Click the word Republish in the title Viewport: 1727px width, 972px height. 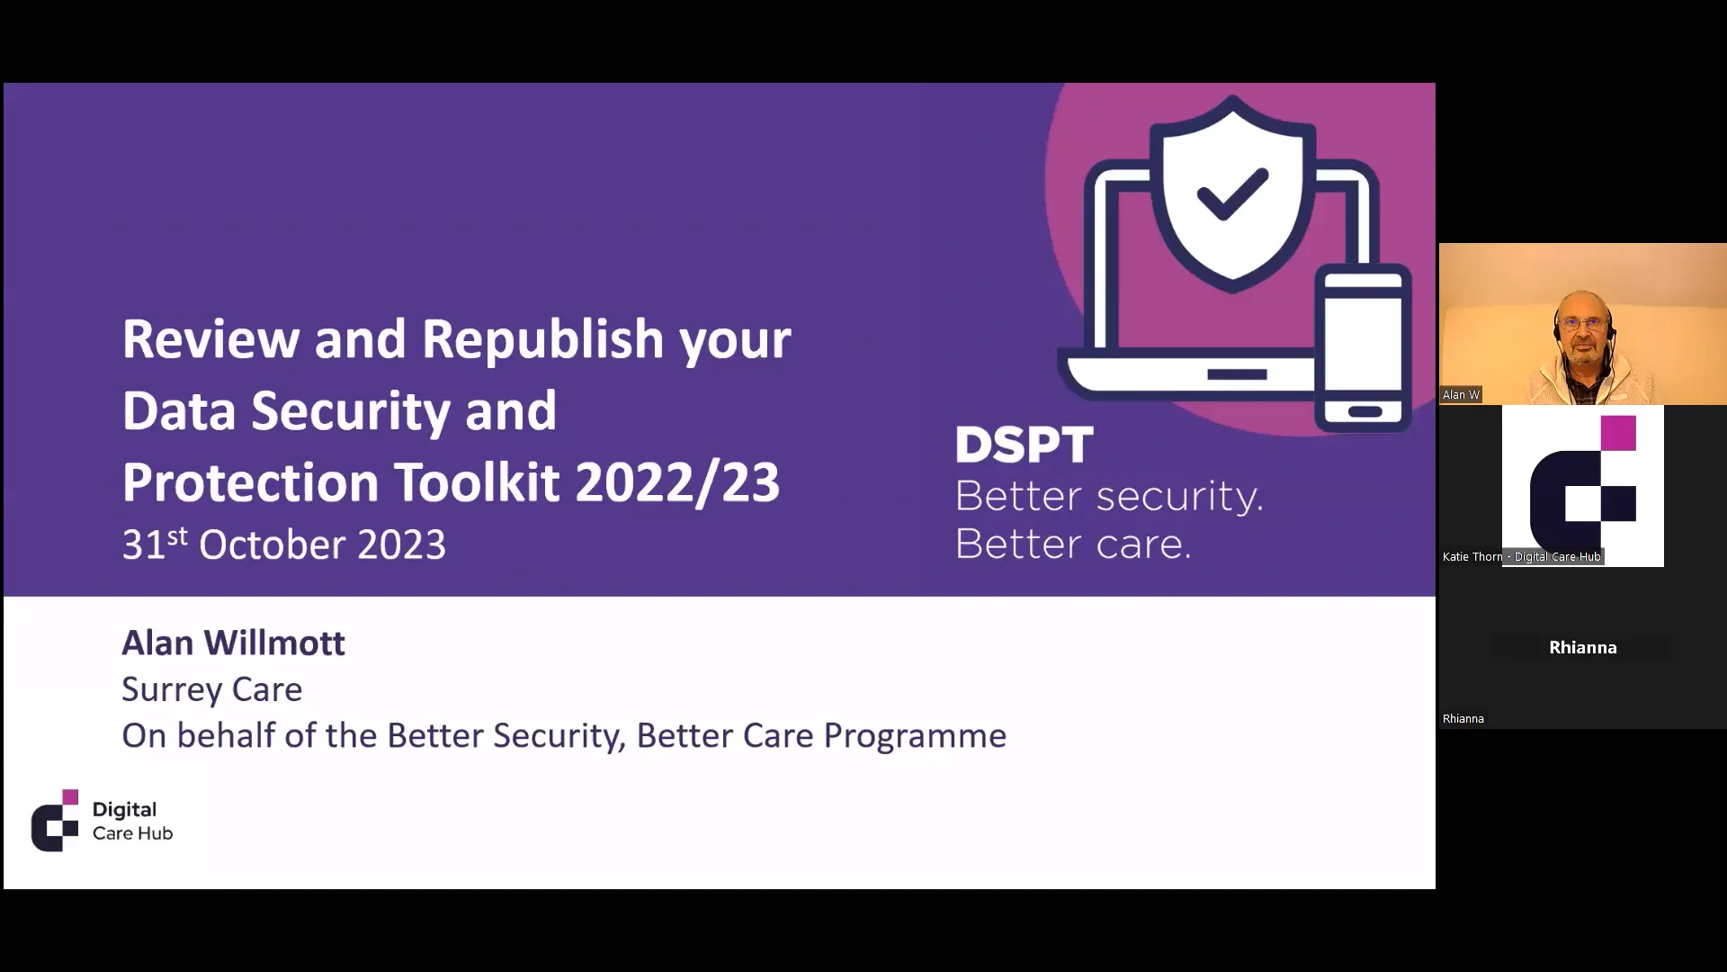542,340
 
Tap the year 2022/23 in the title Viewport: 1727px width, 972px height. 676,482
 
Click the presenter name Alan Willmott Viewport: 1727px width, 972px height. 233,643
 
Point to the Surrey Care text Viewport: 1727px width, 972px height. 211,689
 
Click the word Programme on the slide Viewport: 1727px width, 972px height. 915,736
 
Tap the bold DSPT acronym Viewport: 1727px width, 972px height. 1024,445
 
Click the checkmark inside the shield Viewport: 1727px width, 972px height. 1231,194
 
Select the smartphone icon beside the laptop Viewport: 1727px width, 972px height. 1363,347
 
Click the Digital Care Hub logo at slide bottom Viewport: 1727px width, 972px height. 102,821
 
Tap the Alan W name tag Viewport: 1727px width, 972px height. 1461,395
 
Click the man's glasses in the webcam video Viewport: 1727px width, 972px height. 1582,322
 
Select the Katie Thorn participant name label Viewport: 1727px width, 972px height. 1521,557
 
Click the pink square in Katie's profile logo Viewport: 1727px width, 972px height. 1618,433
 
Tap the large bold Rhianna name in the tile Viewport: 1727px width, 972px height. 1582,648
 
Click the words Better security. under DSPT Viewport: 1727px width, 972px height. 1108,497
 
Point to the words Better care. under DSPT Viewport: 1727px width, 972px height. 1072,544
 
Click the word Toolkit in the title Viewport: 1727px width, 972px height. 477,482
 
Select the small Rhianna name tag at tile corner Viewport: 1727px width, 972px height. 1463,719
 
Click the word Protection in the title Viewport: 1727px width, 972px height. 250,482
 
